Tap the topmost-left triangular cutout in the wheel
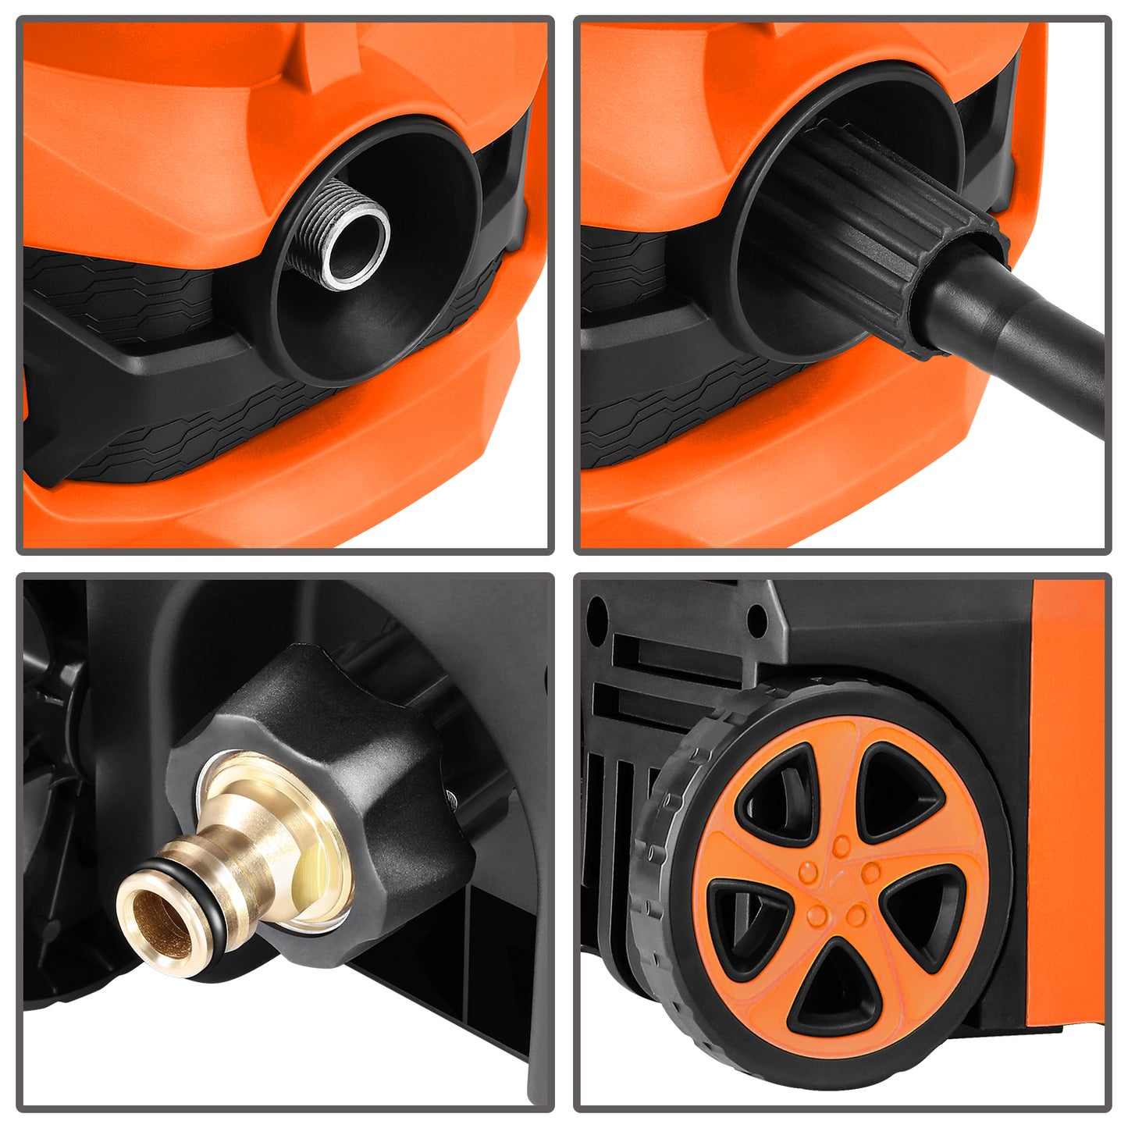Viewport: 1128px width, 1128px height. pyautogui.click(x=781, y=792)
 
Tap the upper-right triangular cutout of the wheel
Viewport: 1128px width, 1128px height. pyautogui.click(x=898, y=792)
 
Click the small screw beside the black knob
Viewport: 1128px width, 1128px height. pyautogui.click(x=452, y=795)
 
